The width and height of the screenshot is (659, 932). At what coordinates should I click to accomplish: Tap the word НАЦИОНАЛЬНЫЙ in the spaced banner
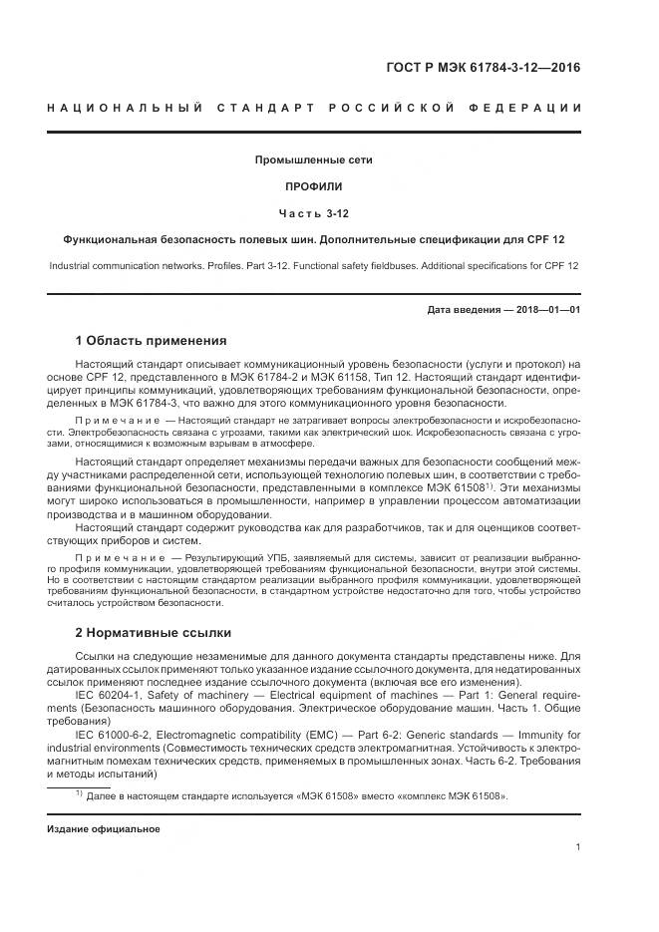pyautogui.click(x=125, y=108)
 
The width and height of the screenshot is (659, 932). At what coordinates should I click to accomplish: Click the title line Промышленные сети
pyautogui.click(x=313, y=159)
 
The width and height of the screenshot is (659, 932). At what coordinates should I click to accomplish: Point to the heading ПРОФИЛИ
pyautogui.click(x=313, y=186)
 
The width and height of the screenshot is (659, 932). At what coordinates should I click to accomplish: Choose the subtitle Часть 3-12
pyautogui.click(x=313, y=213)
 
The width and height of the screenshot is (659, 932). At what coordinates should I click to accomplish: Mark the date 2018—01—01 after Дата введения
pyautogui.click(x=548, y=310)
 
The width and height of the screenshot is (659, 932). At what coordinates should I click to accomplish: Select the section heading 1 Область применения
pyautogui.click(x=152, y=340)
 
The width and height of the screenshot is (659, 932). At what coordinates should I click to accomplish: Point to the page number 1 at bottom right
pyautogui.click(x=578, y=847)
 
